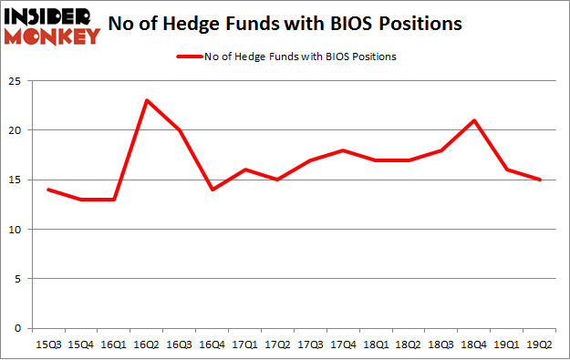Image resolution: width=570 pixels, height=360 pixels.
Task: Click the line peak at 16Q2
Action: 147,100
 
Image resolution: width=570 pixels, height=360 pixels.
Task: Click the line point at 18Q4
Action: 474,120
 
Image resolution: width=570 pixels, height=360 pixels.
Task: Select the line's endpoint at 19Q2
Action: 540,180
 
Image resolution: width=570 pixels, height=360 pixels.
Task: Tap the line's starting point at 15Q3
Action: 48,190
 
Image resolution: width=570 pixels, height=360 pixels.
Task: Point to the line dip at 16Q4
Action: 212,190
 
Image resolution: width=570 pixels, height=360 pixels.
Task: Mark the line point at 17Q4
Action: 343,150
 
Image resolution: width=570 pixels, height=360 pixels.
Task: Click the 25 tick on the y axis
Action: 16,81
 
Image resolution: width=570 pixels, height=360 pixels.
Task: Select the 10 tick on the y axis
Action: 16,230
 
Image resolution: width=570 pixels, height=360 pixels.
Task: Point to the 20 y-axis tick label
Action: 16,130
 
